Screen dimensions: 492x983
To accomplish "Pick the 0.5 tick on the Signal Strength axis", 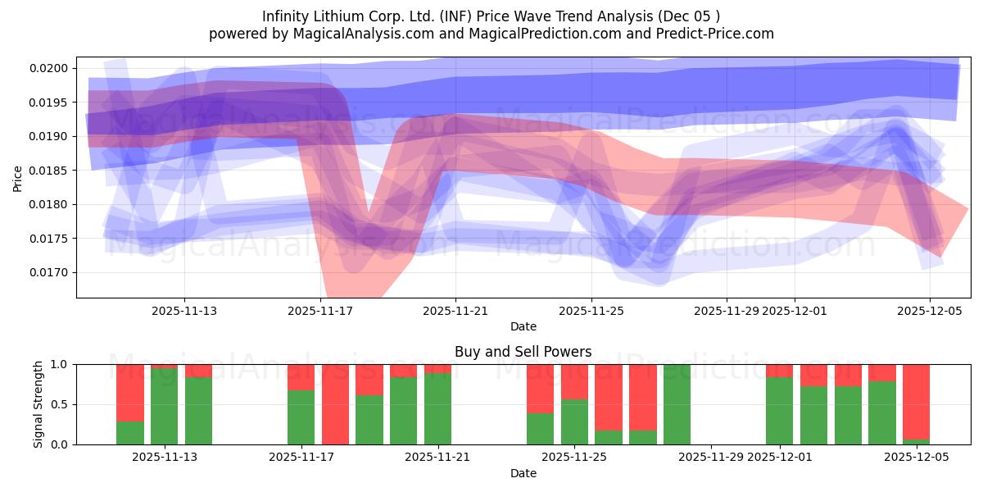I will (61, 404).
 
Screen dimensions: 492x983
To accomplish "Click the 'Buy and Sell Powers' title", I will (523, 352).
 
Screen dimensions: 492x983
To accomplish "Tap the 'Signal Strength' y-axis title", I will (39, 404).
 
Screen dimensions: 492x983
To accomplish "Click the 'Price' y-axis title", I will (18, 177).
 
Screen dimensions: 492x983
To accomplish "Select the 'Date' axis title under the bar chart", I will (523, 473).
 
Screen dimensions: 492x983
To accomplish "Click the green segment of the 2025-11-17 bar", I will (301, 417).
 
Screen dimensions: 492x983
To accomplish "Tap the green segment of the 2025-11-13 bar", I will (198, 410).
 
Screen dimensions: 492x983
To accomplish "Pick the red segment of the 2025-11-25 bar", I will (574, 381).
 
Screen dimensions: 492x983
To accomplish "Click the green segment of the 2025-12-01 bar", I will (779, 410).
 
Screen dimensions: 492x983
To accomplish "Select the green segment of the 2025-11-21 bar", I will (437, 408).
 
